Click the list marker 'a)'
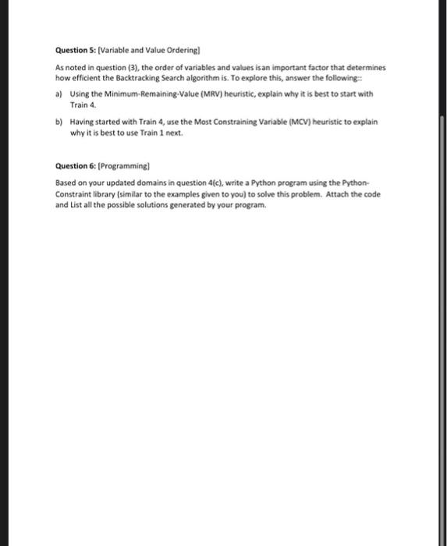tap(59, 94)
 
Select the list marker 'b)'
tap(59, 122)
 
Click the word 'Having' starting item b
tap(82, 122)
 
